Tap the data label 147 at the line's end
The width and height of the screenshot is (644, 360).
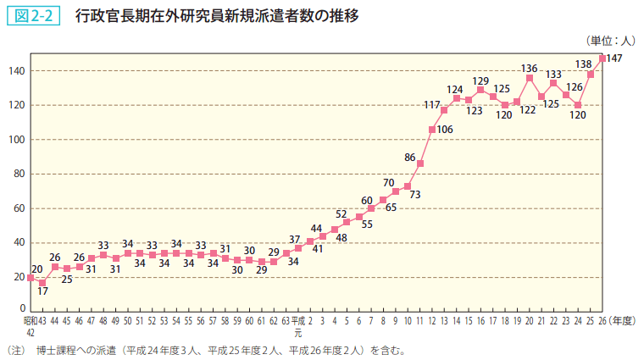pos(615,58)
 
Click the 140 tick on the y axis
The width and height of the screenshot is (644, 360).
pos(17,71)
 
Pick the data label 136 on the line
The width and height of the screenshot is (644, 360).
pos(530,68)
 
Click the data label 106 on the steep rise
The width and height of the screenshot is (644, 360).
pos(445,130)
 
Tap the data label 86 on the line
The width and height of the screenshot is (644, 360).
pos(410,157)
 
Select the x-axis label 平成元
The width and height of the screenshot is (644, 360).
pos(297,326)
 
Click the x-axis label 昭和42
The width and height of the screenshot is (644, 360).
pos(30,326)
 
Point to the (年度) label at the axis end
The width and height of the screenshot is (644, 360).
pos(625,321)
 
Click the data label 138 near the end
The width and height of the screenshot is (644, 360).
pos(584,64)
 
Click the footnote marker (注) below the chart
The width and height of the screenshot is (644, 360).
pos(14,349)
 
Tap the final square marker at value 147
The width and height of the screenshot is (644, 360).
pos(602,58)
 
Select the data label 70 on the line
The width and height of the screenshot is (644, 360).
pos(389,182)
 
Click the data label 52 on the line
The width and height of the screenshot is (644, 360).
pos(341,214)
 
